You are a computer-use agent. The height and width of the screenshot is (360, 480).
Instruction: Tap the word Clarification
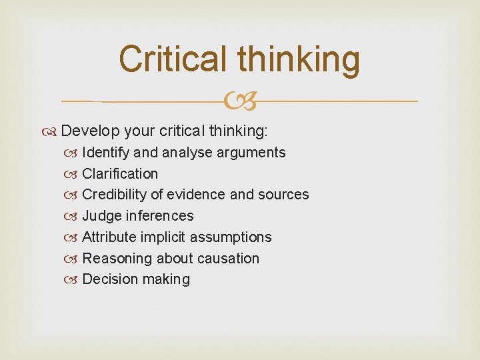120,174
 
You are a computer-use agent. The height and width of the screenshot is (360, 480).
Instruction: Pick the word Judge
101,216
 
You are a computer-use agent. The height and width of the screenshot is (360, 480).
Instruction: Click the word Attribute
110,237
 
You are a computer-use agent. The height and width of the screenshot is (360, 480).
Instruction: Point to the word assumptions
231,237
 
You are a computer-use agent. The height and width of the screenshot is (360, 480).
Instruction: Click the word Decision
108,279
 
